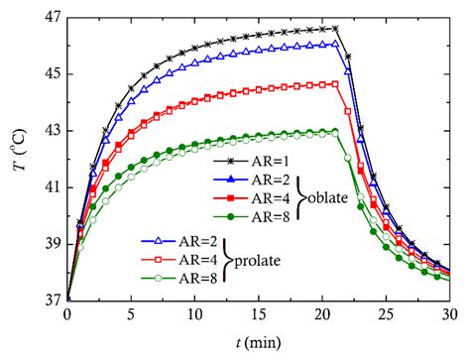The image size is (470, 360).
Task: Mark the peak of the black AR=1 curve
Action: tap(335, 28)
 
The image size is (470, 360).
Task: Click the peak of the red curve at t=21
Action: tap(335, 84)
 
